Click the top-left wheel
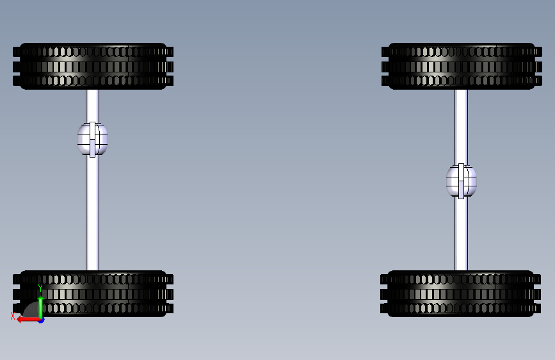point(93,66)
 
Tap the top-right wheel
point(462,66)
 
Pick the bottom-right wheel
point(461,293)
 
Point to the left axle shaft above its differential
point(93,105)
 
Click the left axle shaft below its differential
point(93,211)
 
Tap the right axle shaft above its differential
point(462,125)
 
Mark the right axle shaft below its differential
point(462,234)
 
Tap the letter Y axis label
point(40,288)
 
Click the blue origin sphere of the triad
point(41,319)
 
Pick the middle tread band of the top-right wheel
point(462,66)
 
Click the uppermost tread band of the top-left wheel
point(93,52)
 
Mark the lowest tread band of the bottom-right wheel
point(461,308)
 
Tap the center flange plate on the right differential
point(461,181)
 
